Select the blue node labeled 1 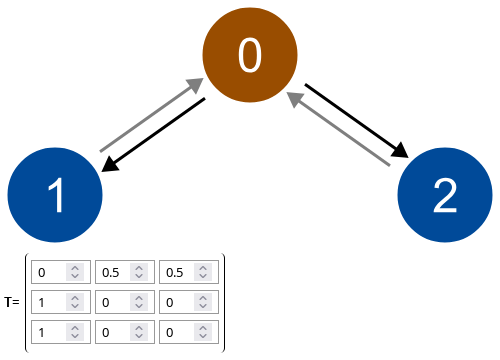[55, 194]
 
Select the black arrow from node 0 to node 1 [154, 134]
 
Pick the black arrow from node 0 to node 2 [357, 121]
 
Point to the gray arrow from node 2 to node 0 [338, 129]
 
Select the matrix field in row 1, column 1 [50, 272]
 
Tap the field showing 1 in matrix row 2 [50, 302]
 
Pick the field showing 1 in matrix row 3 [50, 331]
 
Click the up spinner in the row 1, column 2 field [139, 268]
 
